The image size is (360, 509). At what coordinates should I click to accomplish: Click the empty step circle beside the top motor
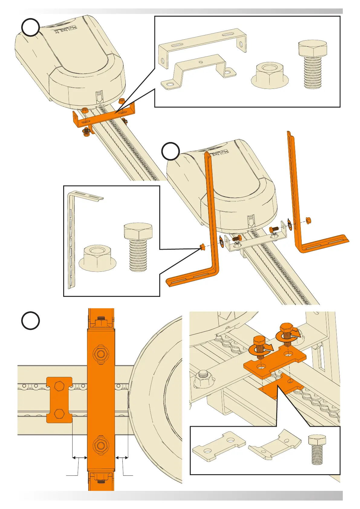31,28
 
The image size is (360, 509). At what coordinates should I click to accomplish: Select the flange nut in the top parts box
270,76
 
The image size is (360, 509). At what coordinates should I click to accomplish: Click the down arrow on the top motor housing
99,97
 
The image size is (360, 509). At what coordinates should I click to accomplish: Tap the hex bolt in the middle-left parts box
138,246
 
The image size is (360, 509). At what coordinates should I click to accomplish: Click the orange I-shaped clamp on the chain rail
59,400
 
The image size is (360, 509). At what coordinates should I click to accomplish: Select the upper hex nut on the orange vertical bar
101,353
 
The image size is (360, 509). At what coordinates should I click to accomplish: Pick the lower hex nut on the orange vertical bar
101,445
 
